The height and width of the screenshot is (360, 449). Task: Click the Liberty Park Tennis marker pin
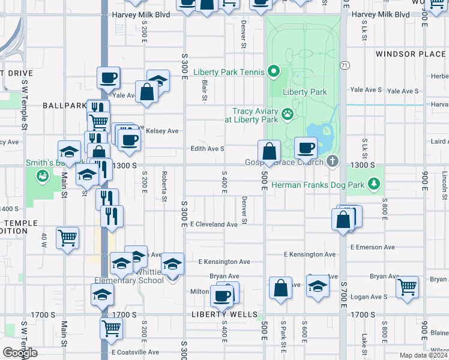pos(274,72)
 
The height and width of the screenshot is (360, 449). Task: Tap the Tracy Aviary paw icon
pos(288,112)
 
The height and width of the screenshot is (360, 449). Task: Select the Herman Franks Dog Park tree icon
pos(375,182)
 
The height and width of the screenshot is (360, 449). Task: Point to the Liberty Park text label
pos(304,92)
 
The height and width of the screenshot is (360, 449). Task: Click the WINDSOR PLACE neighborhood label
pos(411,54)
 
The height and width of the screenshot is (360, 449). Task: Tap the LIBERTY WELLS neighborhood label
pos(224,314)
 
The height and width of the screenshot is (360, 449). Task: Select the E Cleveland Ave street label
pos(214,224)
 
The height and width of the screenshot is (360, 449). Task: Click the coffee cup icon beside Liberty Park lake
pos(306,147)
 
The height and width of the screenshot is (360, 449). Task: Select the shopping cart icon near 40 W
pos(67,237)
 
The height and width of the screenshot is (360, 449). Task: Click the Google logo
pos(19,353)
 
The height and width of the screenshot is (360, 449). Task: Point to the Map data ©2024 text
pos(424,355)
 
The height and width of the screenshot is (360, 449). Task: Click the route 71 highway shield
pos(344,65)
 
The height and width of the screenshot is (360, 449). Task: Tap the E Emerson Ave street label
pos(372,247)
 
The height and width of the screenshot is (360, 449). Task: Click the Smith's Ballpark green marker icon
pos(42,176)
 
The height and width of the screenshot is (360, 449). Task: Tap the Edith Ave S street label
pos(207,148)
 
